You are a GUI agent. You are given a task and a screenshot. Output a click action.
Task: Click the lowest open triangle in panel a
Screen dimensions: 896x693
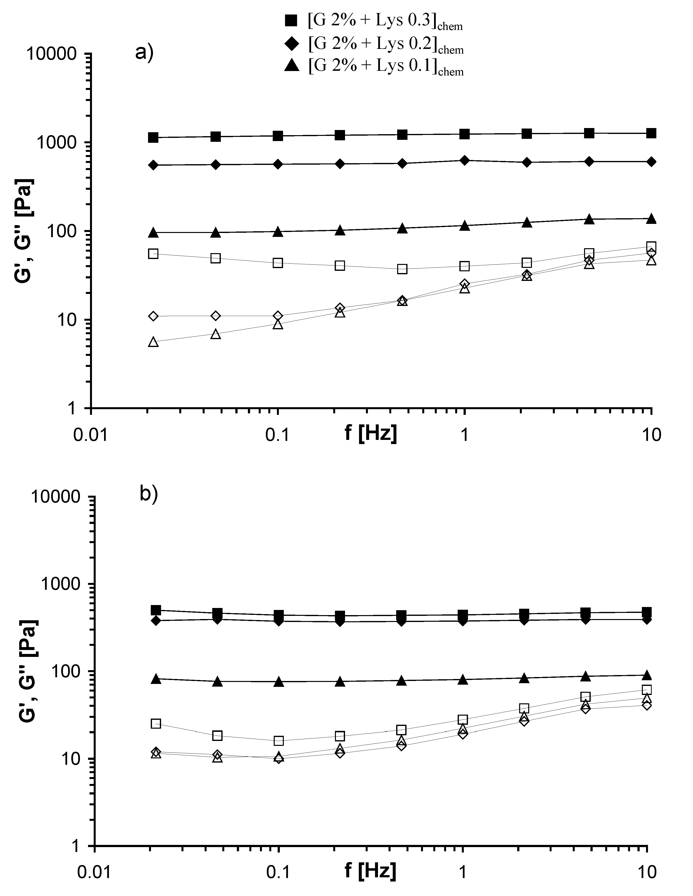pyautogui.click(x=153, y=342)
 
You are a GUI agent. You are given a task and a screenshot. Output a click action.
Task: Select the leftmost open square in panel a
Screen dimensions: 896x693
pyautogui.click(x=153, y=254)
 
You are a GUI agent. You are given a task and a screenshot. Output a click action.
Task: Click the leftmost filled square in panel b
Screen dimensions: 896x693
pyautogui.click(x=156, y=610)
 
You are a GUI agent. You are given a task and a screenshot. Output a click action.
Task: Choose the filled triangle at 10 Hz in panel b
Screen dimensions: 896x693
pyautogui.click(x=647, y=675)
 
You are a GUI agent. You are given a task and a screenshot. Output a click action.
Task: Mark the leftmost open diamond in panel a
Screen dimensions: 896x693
pyautogui.click(x=153, y=316)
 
